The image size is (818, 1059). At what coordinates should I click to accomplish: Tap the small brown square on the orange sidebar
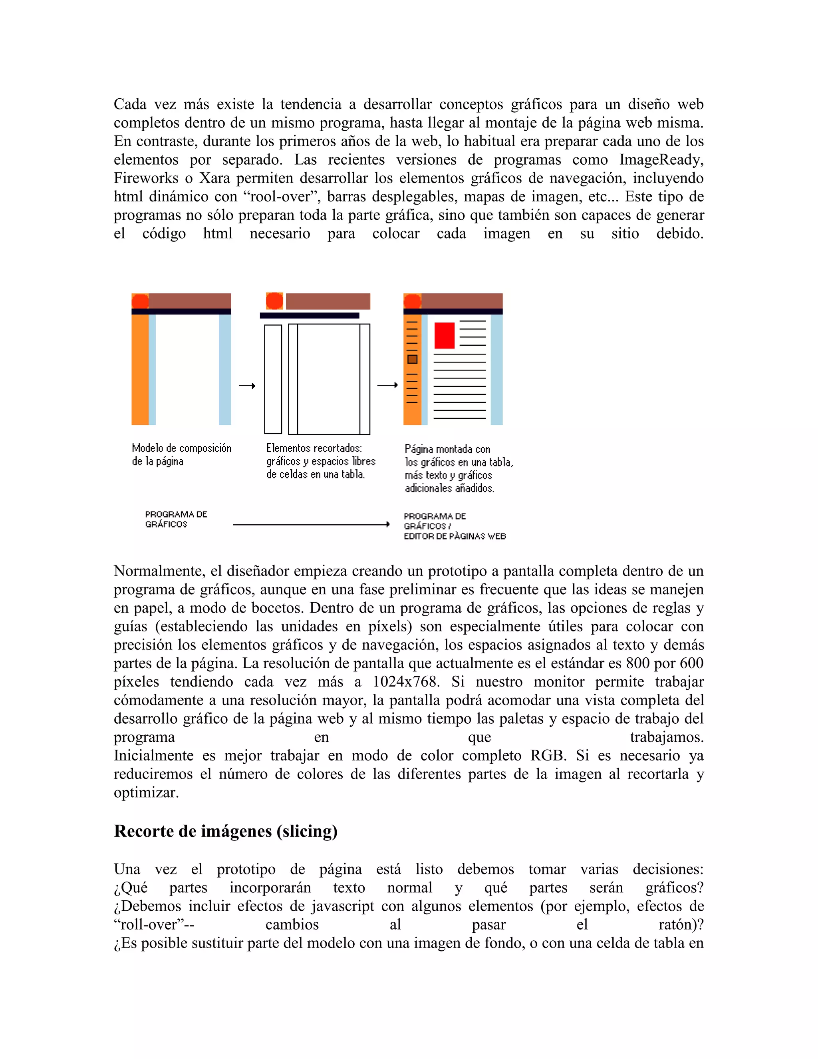point(412,359)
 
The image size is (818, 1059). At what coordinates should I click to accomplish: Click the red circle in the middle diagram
point(274,301)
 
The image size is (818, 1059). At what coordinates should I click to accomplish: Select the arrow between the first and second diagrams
point(247,386)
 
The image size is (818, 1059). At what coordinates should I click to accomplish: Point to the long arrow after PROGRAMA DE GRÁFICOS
point(311,524)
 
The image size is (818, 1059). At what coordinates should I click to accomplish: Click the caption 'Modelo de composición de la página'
point(181,454)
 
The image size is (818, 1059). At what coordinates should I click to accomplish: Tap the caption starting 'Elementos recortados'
point(320,461)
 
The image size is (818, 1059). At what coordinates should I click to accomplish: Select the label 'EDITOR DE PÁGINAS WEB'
point(455,536)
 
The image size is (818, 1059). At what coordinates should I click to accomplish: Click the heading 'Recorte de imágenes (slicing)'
point(225,831)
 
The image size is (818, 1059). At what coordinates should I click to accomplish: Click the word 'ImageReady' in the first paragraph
point(661,159)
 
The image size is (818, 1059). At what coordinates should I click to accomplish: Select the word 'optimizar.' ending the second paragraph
point(146,792)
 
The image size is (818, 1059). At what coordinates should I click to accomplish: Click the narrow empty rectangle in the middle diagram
point(273,379)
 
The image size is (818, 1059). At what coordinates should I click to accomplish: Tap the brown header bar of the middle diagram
point(328,301)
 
